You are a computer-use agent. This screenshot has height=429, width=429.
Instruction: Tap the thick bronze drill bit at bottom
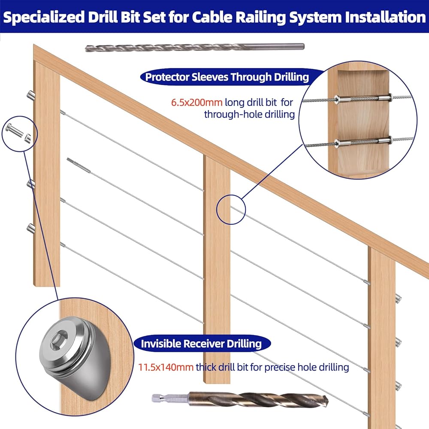click(240, 399)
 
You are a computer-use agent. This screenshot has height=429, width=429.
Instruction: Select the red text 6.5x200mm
click(196, 103)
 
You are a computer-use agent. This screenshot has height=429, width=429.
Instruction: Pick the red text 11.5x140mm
click(166, 367)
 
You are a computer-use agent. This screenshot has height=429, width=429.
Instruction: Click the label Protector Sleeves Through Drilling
click(227, 77)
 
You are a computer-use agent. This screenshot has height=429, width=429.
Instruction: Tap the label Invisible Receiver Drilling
click(201, 344)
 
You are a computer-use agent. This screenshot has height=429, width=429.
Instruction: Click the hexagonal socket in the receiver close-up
click(57, 340)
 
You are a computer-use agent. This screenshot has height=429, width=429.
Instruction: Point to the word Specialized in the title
click(43, 17)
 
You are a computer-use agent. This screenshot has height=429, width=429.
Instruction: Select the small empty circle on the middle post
click(231, 210)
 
